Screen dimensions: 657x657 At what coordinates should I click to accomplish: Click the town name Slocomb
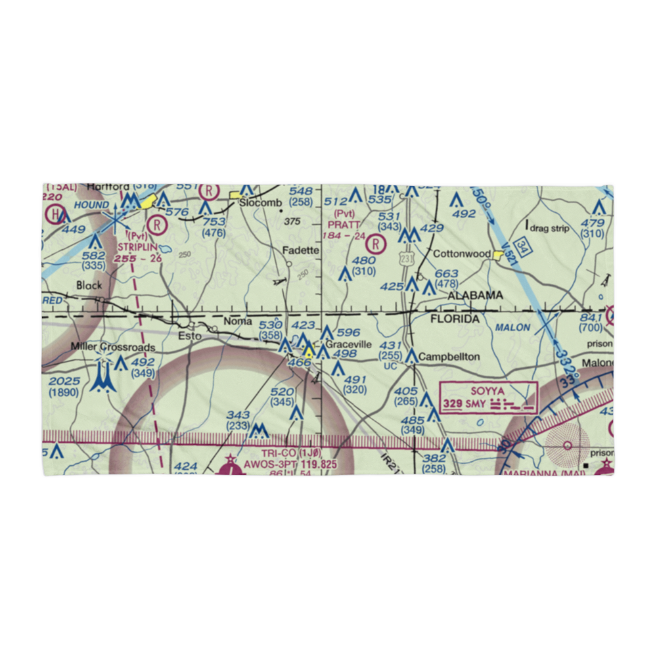click(x=260, y=203)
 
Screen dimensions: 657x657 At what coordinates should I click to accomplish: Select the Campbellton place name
click(x=449, y=357)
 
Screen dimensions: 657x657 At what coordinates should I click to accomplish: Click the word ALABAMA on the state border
click(x=475, y=296)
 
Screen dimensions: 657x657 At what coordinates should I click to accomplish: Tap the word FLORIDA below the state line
click(x=455, y=319)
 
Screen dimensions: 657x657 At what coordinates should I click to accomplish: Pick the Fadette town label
click(x=300, y=250)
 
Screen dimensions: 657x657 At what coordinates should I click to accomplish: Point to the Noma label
click(x=238, y=322)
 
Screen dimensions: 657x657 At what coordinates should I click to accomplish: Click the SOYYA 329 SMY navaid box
click(x=489, y=398)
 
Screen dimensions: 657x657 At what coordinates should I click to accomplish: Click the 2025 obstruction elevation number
click(x=64, y=382)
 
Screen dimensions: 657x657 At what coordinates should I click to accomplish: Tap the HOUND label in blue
click(x=91, y=205)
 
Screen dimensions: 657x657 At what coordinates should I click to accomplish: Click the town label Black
click(x=89, y=285)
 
